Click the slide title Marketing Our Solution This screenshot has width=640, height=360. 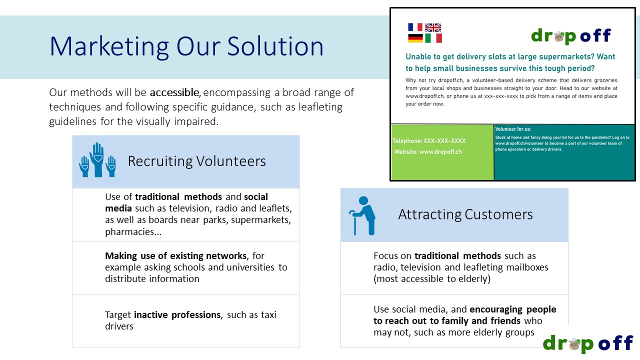186,46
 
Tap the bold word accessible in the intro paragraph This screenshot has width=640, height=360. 174,92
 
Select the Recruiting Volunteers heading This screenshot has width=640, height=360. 196,161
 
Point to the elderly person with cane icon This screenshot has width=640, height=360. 361,215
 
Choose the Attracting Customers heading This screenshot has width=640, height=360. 465,214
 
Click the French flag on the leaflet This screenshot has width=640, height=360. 415,27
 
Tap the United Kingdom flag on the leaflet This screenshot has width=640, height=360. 433,27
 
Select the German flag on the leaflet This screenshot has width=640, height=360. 415,38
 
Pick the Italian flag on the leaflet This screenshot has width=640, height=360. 433,38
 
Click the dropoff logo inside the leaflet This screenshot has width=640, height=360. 570,36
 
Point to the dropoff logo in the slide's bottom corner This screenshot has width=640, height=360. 587,343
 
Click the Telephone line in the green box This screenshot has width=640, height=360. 429,141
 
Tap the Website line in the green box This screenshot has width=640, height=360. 427,152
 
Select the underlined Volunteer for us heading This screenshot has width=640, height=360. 513,129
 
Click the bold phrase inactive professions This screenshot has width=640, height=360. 177,315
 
